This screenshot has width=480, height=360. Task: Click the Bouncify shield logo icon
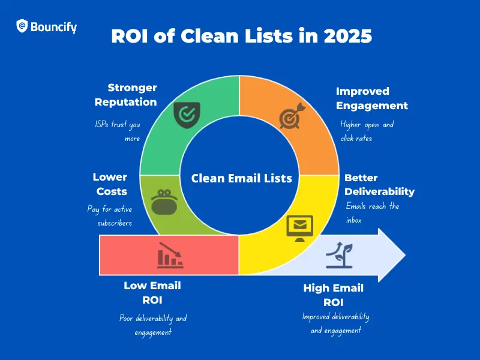point(22,26)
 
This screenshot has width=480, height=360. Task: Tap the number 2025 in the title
point(348,36)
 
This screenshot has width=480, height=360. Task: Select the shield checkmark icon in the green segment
point(187,115)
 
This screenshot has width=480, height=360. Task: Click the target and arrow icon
point(292,116)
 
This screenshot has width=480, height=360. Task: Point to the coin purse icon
point(164,202)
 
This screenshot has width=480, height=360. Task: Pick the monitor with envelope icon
point(299,228)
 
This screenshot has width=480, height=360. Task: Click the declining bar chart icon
point(170,256)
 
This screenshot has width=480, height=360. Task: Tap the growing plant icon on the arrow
point(339,256)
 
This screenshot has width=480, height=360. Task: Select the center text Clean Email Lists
point(242,178)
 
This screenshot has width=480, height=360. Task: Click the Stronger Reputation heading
point(126,95)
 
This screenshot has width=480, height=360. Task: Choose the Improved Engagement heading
point(372,98)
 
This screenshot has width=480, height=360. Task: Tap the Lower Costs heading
point(110,184)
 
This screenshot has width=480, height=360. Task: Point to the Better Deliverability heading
point(380,185)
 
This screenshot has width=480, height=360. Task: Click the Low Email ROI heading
point(152,293)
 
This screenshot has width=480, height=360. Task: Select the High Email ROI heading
point(334,295)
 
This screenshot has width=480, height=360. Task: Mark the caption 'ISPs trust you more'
point(118,131)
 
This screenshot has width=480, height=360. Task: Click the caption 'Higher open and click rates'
point(367,131)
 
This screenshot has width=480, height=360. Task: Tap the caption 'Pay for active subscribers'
point(110,215)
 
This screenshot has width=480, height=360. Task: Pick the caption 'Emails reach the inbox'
point(373,212)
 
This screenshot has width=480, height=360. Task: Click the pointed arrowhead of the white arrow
point(406,255)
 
